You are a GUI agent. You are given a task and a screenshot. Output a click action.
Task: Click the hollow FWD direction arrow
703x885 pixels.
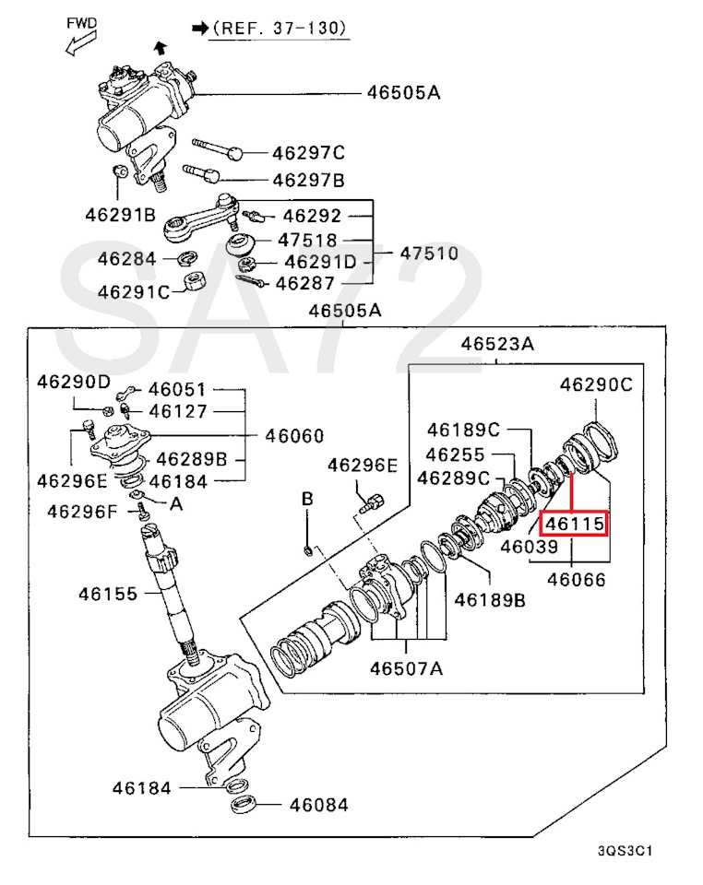click(81, 43)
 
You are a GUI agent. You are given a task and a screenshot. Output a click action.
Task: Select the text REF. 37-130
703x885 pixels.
click(279, 28)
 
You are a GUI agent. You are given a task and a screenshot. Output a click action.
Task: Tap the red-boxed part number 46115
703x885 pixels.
click(574, 524)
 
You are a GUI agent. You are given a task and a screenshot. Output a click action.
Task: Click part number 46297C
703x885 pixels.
click(308, 153)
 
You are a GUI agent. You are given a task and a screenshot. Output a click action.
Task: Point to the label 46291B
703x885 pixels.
click(120, 215)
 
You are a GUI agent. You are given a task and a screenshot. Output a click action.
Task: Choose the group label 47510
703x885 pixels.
click(429, 253)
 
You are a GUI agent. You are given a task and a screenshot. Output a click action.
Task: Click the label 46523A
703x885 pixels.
click(497, 344)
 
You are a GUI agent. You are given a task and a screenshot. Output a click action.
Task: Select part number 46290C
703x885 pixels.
click(596, 385)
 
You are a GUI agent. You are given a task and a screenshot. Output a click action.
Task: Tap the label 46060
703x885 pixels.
click(294, 436)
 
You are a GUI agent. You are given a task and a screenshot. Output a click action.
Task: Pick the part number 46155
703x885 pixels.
click(108, 594)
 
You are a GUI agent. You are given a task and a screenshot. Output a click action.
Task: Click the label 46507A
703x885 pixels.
click(407, 668)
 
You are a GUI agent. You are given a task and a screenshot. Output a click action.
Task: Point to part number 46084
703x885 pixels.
click(319, 805)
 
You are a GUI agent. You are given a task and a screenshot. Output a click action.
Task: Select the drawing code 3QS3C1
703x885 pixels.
click(626, 851)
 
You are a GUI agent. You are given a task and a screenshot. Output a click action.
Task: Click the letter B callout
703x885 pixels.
click(307, 499)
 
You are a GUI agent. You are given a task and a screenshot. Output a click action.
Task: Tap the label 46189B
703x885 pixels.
click(490, 600)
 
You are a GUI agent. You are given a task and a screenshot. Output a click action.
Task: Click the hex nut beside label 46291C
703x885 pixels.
click(196, 280)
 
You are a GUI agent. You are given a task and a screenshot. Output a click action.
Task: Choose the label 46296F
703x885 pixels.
click(82, 512)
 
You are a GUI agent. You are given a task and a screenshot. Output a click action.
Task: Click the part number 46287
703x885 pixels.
click(305, 283)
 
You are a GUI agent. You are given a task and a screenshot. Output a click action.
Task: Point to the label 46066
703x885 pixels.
click(577, 580)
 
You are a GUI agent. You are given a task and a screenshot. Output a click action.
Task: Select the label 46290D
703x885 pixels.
click(74, 382)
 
